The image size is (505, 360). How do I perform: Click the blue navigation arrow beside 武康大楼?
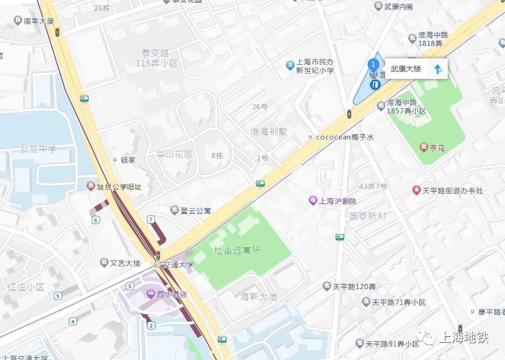tap(438, 69)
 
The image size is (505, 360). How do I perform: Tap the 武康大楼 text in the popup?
tap(406, 69)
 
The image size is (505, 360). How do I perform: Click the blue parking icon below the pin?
tap(375, 85)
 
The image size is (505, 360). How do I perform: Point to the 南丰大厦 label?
tap(38, 21)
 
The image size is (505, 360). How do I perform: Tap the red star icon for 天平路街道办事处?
tap(416, 190)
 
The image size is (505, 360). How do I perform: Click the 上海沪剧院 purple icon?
tap(313, 201)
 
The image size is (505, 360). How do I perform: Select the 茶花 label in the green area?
tap(437, 148)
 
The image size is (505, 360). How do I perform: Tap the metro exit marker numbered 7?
tap(151, 219)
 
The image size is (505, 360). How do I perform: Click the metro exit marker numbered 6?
tap(96, 219)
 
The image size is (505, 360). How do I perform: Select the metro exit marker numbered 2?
tap(151, 325)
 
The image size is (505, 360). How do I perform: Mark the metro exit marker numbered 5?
tap(58, 296)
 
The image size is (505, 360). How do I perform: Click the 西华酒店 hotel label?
tap(172, 295)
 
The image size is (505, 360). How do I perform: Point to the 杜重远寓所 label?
tap(237, 250)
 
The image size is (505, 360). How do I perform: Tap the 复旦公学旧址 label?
tap(119, 186)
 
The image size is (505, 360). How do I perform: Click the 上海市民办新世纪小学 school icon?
tap(290, 65)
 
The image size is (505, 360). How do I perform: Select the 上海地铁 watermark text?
tap(464, 338)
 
